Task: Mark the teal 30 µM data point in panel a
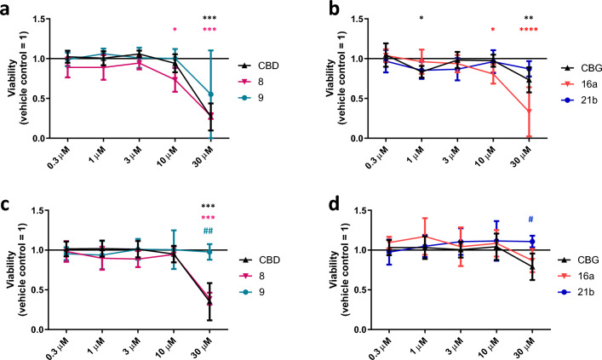click(x=209, y=94)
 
